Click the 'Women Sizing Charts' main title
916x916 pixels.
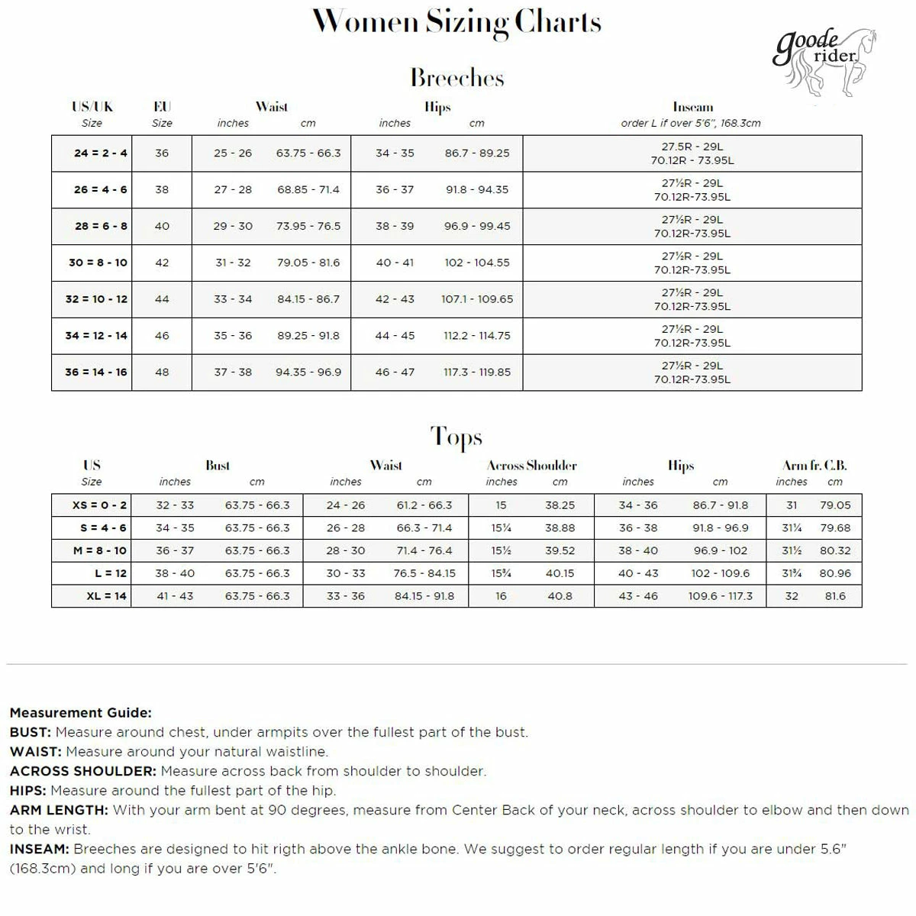(x=456, y=22)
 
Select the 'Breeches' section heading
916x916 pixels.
(x=456, y=78)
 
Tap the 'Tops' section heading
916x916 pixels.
(x=456, y=437)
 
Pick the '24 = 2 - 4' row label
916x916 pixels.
(x=101, y=153)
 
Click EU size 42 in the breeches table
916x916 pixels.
(x=162, y=263)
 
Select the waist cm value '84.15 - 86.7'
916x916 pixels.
(x=308, y=299)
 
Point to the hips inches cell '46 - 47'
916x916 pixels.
(x=395, y=373)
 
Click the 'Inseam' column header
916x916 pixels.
(x=692, y=108)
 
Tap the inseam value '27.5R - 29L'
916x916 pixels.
(x=692, y=147)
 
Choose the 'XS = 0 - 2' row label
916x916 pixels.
(x=100, y=505)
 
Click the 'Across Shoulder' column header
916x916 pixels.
(x=532, y=466)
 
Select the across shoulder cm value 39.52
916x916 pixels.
(x=560, y=551)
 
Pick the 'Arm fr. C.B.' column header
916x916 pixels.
(x=814, y=466)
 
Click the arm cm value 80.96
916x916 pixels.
(x=835, y=573)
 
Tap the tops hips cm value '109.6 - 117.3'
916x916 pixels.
(x=720, y=596)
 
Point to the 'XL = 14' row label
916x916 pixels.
(x=106, y=596)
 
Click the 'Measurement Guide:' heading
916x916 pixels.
(x=81, y=713)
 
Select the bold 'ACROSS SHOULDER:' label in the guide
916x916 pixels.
(x=83, y=771)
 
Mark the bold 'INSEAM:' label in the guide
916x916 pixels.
(x=40, y=849)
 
